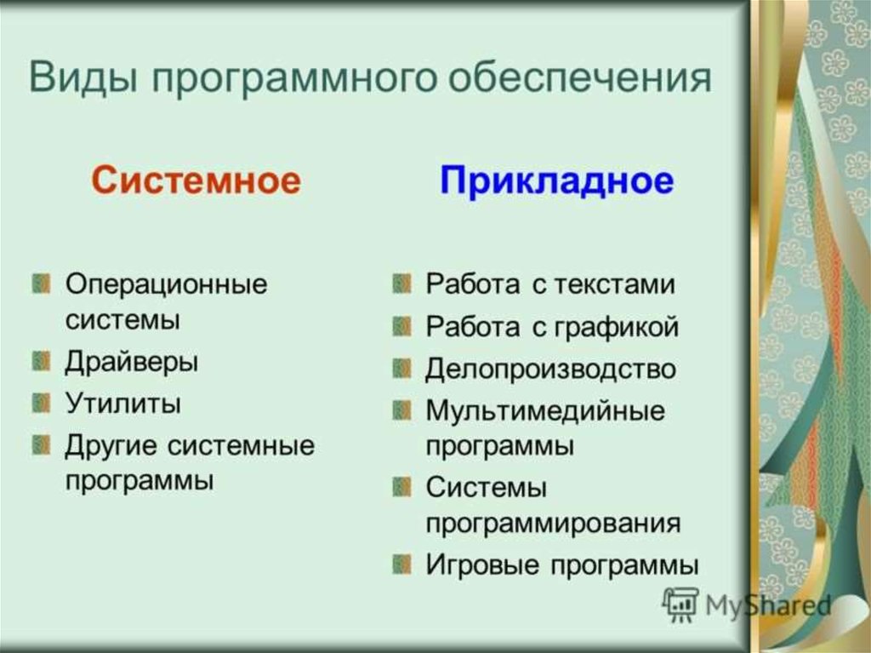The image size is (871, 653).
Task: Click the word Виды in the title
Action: pyautogui.click(x=83, y=77)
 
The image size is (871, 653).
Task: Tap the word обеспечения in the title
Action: pyautogui.click(x=580, y=77)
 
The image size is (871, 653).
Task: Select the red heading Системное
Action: pyautogui.click(x=196, y=180)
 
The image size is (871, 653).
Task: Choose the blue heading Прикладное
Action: pyautogui.click(x=556, y=180)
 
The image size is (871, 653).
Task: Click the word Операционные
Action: pyautogui.click(x=166, y=285)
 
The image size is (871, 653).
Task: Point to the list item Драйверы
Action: pyautogui.click(x=132, y=362)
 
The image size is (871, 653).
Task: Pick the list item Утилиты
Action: pyautogui.click(x=122, y=404)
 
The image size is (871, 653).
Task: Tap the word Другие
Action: pyautogui.click(x=111, y=446)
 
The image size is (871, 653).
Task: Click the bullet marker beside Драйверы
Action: pyautogui.click(x=41, y=361)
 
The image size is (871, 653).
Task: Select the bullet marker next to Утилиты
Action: pyautogui.click(x=41, y=403)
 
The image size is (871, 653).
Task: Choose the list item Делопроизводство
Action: pyautogui.click(x=550, y=369)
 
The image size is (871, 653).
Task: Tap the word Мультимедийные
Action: pyautogui.click(x=545, y=411)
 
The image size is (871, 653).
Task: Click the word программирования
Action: pyautogui.click(x=553, y=524)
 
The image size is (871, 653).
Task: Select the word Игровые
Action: pyautogui.click(x=482, y=565)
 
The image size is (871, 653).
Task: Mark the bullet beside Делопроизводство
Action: pyautogui.click(x=401, y=368)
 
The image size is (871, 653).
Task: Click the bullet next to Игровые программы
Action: pyautogui.click(x=401, y=564)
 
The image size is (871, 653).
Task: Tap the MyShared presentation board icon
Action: pyautogui.click(x=680, y=604)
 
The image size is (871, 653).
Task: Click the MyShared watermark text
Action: pyautogui.click(x=768, y=605)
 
